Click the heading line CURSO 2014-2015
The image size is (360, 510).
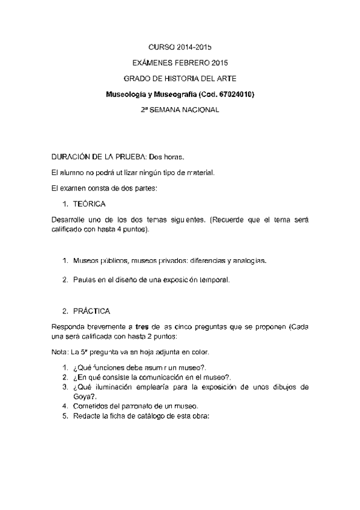coord(180,46)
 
